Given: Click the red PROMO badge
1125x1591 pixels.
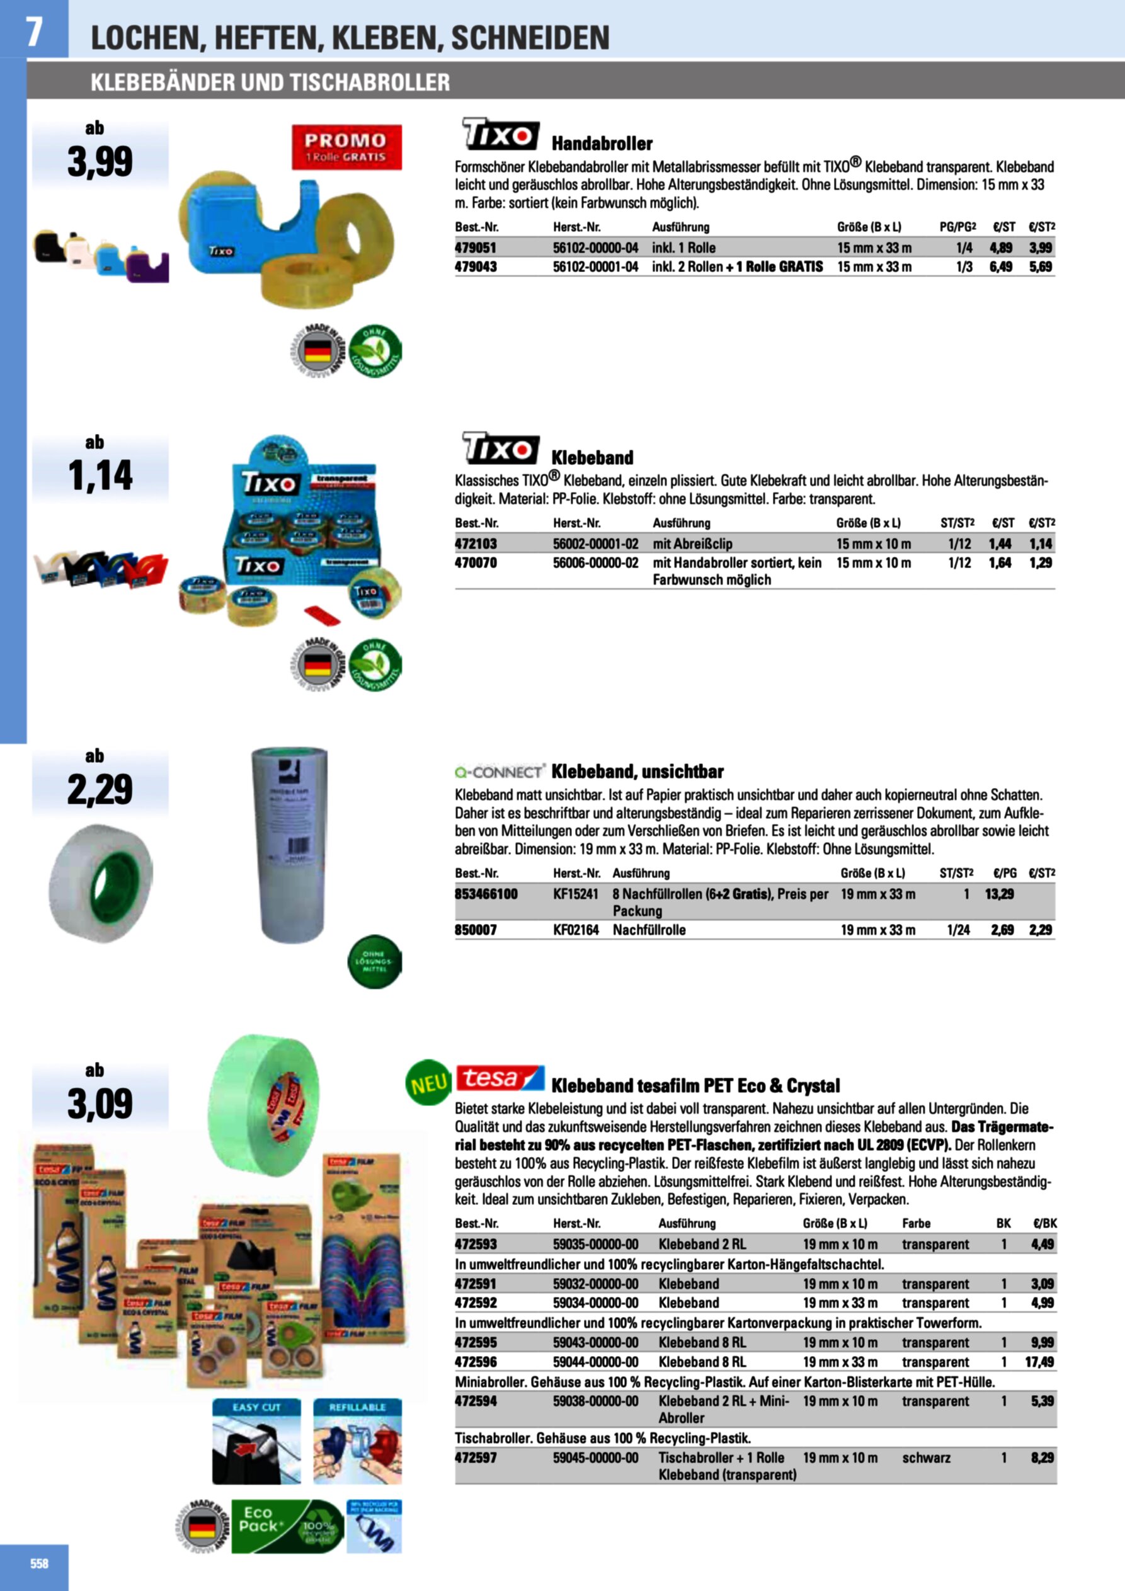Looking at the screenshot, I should (x=346, y=147).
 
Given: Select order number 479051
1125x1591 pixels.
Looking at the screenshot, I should (x=476, y=248).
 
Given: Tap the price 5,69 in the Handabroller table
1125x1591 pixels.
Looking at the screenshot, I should (x=1040, y=267).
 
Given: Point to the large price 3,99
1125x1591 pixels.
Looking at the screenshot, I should (x=100, y=162).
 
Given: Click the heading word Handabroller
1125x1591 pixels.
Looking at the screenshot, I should (x=602, y=144).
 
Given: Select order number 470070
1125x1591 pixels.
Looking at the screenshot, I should (x=476, y=562).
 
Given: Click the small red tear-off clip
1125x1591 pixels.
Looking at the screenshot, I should (x=323, y=614).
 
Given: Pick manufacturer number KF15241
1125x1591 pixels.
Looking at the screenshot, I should (x=575, y=894).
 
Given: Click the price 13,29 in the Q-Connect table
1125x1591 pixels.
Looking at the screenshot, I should (x=1000, y=894).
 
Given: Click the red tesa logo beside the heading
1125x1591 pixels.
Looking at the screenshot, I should (x=500, y=1079).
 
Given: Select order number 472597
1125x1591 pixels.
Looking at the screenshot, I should (x=476, y=1457).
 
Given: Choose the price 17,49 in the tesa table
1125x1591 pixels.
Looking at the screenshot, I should (x=1039, y=1362).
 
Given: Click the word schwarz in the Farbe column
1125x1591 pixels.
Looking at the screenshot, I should (x=926, y=1457).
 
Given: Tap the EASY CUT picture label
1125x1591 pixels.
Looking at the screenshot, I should (x=256, y=1407).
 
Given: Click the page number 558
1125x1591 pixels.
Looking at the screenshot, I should (x=39, y=1563).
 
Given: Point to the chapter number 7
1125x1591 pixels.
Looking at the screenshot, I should (x=33, y=31).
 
